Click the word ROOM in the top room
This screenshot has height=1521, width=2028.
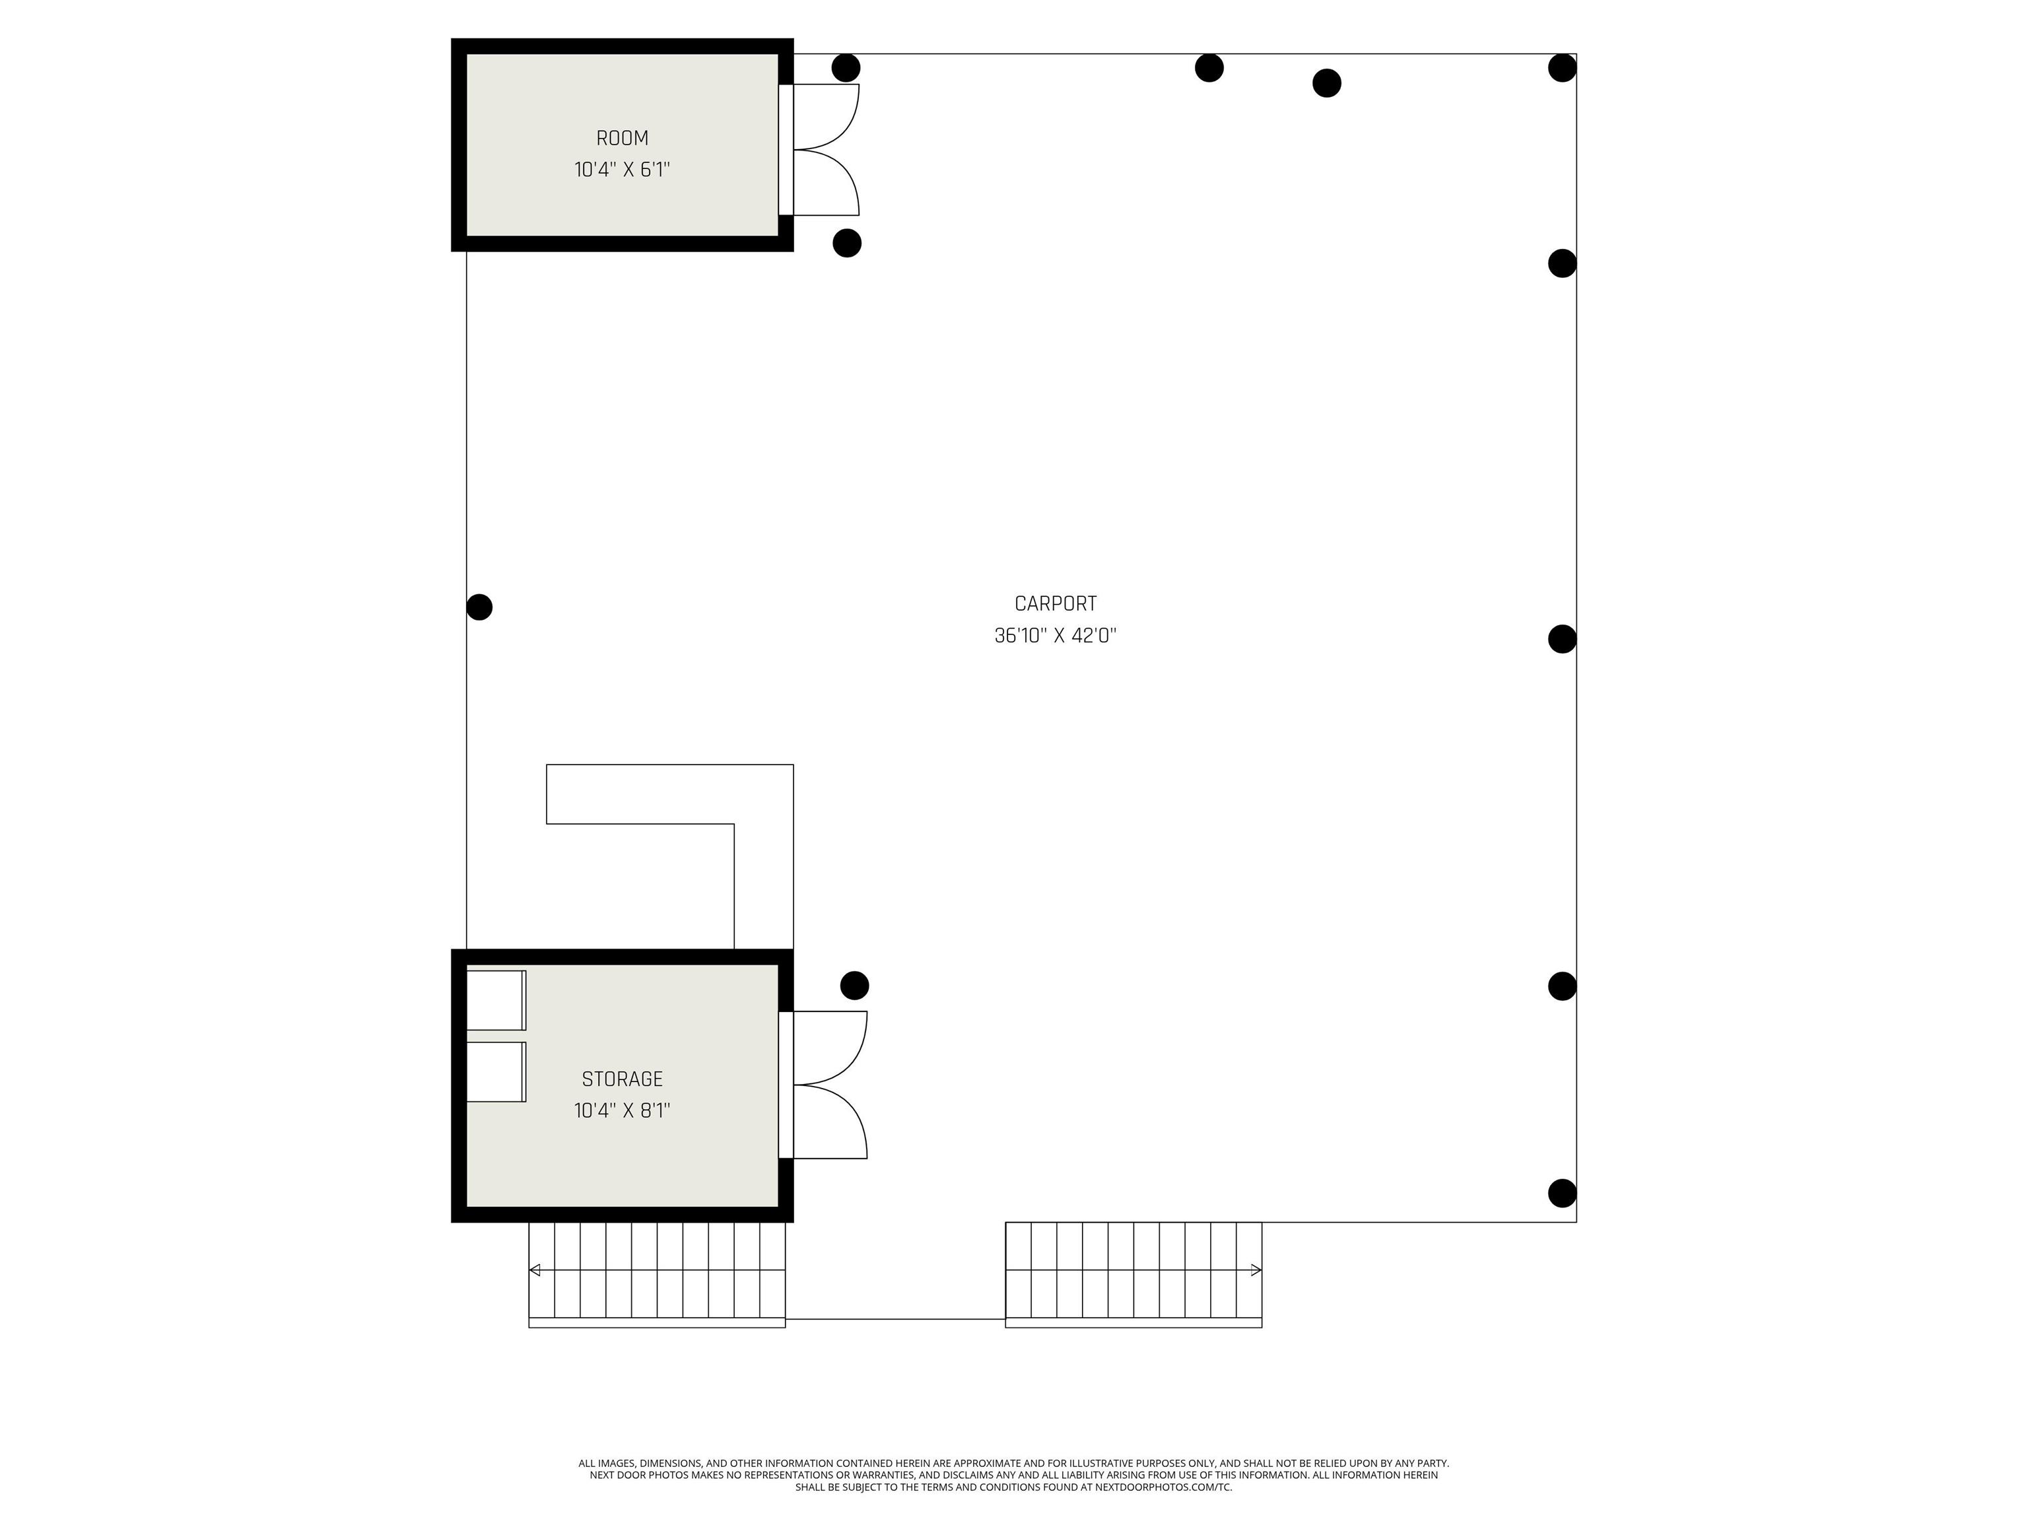coord(622,139)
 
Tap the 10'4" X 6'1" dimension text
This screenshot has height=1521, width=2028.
coord(622,170)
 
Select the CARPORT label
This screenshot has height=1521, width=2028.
coord(1055,603)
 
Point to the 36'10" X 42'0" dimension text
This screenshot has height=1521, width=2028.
coord(1055,635)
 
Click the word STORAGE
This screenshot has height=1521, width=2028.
coord(622,1079)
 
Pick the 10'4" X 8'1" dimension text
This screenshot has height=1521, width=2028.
coord(622,1110)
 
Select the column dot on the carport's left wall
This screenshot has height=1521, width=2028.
coord(479,607)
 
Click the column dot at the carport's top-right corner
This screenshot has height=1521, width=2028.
coord(1562,68)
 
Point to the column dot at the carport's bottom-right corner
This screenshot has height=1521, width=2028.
coord(1562,1193)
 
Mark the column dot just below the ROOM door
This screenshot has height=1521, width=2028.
coord(847,243)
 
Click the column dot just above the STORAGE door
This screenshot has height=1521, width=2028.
coord(854,986)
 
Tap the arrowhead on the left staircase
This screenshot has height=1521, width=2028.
coord(535,1269)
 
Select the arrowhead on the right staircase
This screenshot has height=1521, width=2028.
coord(1257,1269)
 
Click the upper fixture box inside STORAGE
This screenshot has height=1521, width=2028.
coord(496,1000)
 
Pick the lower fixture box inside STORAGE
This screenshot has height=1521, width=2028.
coord(496,1071)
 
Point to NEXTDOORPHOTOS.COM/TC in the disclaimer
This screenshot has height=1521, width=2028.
coord(1163,1487)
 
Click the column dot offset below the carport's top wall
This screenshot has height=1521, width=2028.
coord(1327,83)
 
